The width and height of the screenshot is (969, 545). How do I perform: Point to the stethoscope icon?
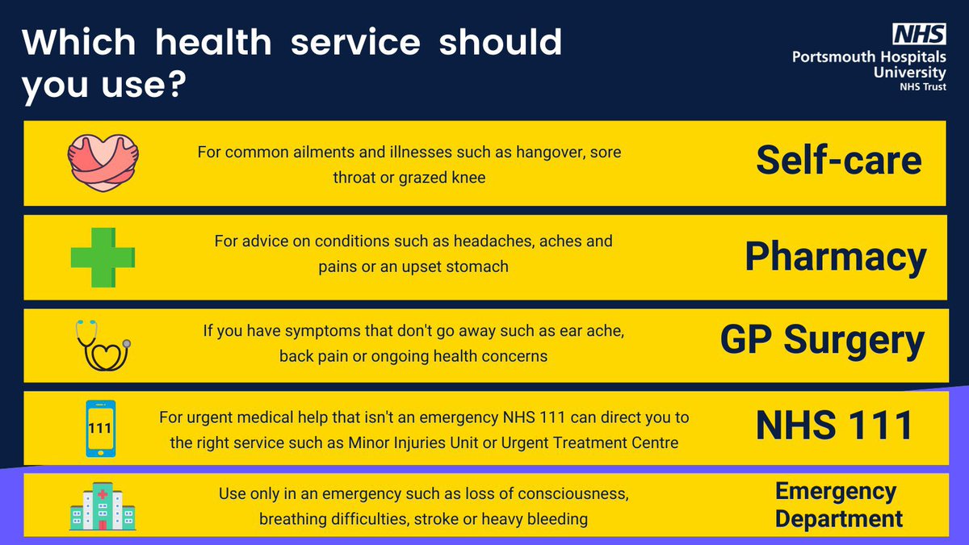103,345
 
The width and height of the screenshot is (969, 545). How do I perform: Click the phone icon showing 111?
100,429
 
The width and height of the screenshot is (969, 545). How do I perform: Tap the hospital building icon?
103,506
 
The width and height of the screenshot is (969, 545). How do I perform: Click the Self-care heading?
838,161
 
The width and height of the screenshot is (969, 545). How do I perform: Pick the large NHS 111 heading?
833,426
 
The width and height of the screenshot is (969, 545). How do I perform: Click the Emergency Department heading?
838,505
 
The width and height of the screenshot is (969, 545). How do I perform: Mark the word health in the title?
205,42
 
